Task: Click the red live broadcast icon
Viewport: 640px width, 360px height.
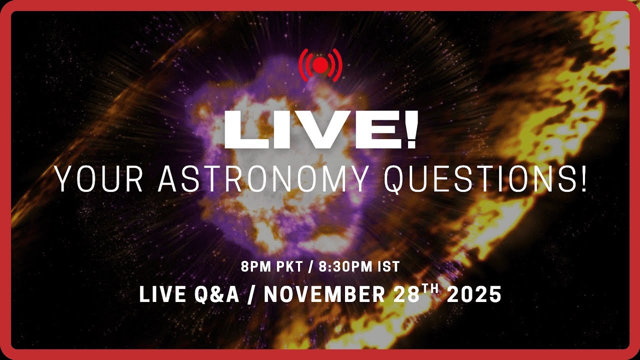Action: (x=320, y=64)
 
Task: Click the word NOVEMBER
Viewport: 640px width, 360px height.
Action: (x=324, y=295)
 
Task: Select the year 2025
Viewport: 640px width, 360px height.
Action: (x=474, y=295)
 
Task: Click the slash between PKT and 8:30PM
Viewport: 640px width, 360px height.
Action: (x=310, y=266)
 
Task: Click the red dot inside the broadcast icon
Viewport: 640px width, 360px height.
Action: (x=320, y=64)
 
